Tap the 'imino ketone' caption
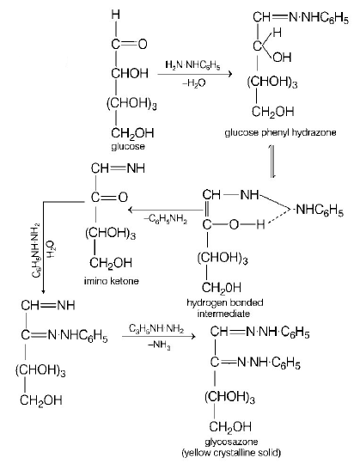112,281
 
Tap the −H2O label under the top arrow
192,84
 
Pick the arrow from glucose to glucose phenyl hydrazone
193,75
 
